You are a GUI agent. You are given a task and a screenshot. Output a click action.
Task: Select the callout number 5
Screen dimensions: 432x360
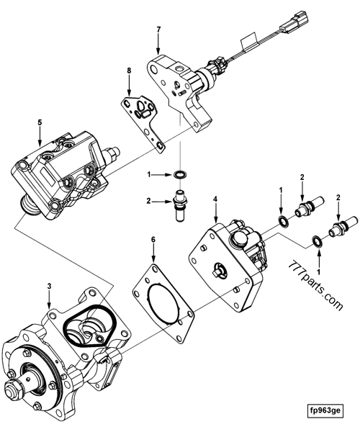click(40, 123)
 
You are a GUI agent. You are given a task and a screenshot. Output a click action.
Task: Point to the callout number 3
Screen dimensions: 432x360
click(48, 287)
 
